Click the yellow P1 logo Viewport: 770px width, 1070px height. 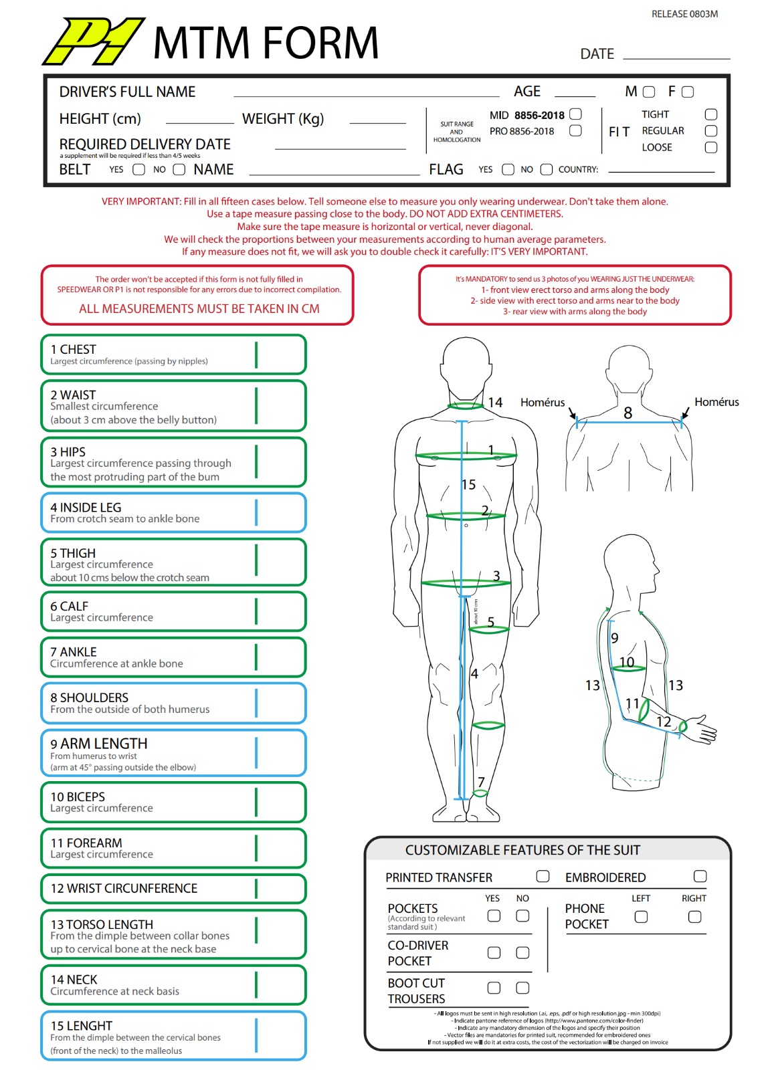[94, 41]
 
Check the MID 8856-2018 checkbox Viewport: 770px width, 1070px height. [575, 114]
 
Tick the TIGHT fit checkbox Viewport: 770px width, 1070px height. [711, 114]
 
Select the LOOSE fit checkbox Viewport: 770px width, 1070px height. [711, 147]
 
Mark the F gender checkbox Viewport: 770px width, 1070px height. [688, 92]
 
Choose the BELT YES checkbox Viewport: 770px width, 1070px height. [138, 170]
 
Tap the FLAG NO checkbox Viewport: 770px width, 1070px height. [547, 170]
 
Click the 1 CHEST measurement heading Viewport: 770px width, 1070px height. [74, 349]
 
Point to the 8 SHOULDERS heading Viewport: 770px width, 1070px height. [90, 698]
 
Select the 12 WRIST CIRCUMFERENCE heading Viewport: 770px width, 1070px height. [124, 888]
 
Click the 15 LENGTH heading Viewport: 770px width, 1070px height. [82, 1026]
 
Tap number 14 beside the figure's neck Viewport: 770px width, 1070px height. [495, 403]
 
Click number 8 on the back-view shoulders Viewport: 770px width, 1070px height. [628, 413]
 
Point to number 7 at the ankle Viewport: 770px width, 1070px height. [481, 782]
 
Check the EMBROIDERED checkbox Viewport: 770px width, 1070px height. [700, 876]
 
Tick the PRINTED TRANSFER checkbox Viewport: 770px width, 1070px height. [543, 876]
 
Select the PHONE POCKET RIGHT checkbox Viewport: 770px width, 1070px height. [694, 916]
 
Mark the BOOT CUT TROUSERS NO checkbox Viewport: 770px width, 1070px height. [522, 988]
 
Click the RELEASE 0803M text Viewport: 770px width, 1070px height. [684, 14]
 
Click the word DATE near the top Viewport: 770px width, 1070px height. [597, 54]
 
